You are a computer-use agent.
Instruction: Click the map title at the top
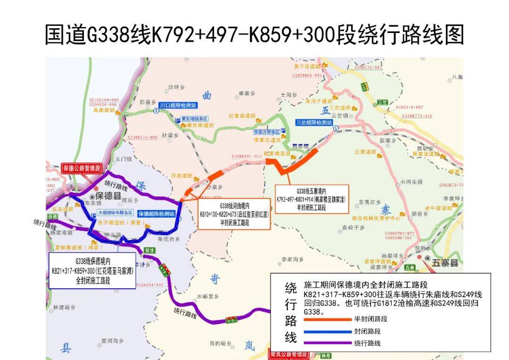pyautogui.click(x=254, y=35)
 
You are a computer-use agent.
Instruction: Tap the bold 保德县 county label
pyautogui.click(x=108, y=196)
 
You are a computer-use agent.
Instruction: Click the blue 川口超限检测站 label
pyautogui.click(x=178, y=105)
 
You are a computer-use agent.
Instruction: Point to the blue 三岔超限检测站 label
pyautogui.click(x=314, y=122)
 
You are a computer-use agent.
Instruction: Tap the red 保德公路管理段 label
pyautogui.click(x=82, y=168)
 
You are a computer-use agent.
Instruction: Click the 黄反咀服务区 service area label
pyautogui.click(x=195, y=119)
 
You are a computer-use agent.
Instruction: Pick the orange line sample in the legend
pyautogui.click(x=327, y=319)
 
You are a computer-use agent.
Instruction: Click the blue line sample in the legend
pyautogui.click(x=327, y=331)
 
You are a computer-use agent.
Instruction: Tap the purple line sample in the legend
pyautogui.click(x=327, y=343)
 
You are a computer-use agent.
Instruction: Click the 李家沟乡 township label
pyautogui.click(x=292, y=259)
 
